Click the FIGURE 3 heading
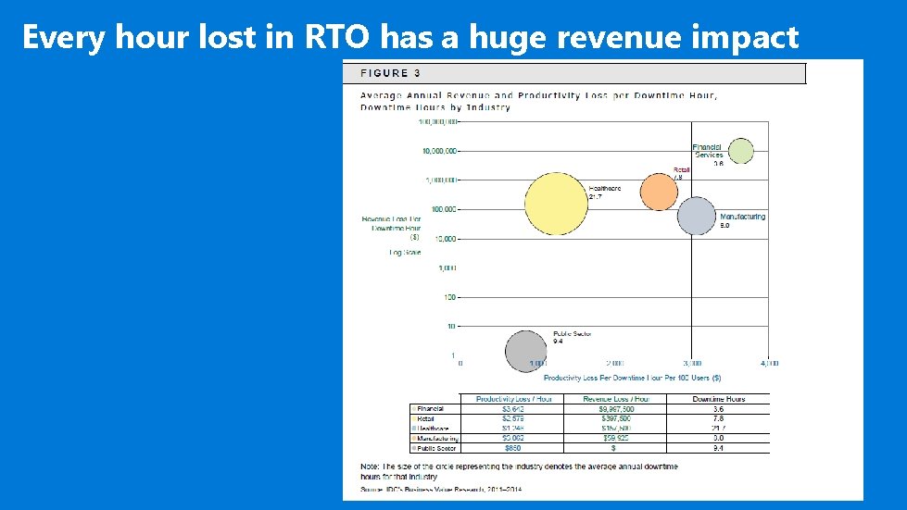coord(384,73)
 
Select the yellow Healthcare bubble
coord(556,205)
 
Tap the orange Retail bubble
coord(660,192)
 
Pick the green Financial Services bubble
coord(740,151)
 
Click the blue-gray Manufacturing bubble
coord(696,216)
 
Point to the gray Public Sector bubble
coord(525,351)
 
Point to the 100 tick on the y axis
coord(449,297)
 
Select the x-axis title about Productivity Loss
coord(632,378)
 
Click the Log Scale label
coord(405,252)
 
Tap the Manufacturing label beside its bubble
coord(742,218)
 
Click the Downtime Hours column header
coord(718,399)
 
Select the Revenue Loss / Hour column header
coord(616,399)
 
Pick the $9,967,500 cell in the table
coord(616,408)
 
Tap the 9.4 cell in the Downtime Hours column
coord(718,448)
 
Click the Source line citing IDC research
coord(428,488)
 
